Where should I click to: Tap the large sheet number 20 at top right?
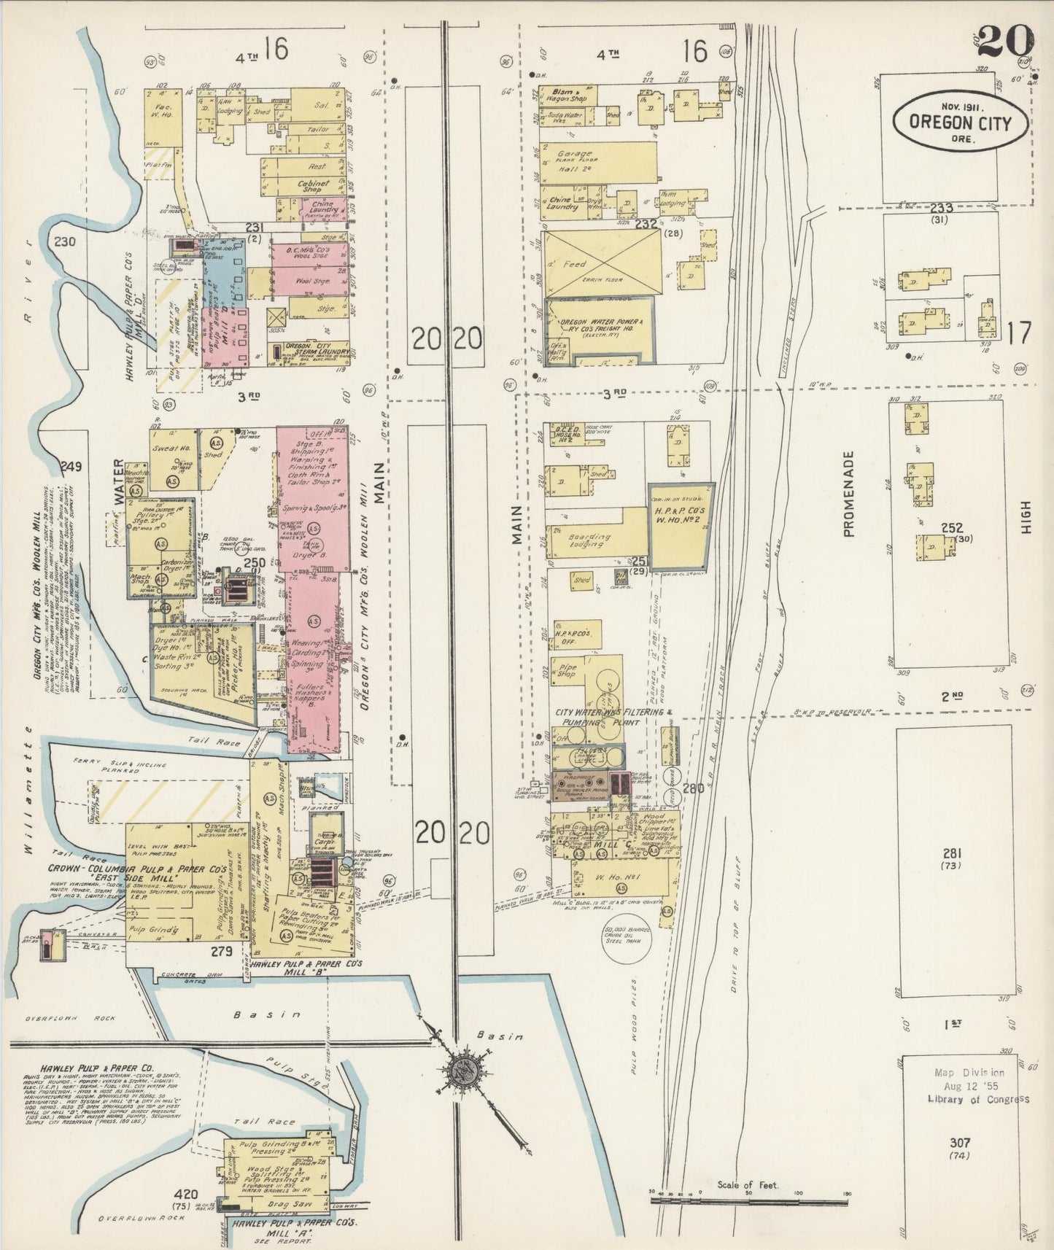tap(1004, 40)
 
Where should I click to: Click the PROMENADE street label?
tap(848, 494)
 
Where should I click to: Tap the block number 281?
tap(953, 853)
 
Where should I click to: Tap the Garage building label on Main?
tap(574, 155)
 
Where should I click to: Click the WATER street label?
tap(120, 482)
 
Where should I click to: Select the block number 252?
tap(952, 527)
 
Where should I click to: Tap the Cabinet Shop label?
tap(314, 187)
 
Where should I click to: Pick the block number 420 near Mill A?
tap(186, 1194)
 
